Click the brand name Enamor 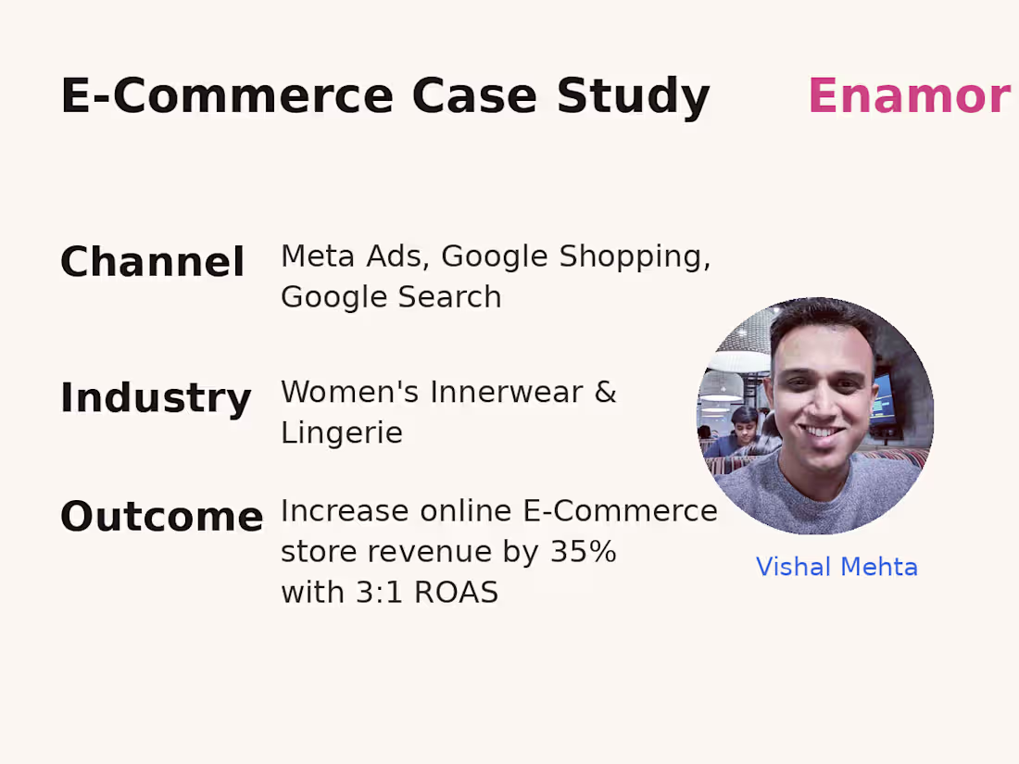tap(908, 96)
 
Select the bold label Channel tap(152, 262)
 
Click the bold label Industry tap(156, 398)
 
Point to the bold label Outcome tap(161, 517)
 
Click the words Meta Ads tap(355, 257)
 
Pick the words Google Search tap(391, 297)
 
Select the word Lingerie tap(341, 432)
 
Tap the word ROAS tap(456, 593)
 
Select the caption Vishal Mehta tap(837, 567)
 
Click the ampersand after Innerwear tap(605, 392)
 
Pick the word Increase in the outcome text tap(345, 511)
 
